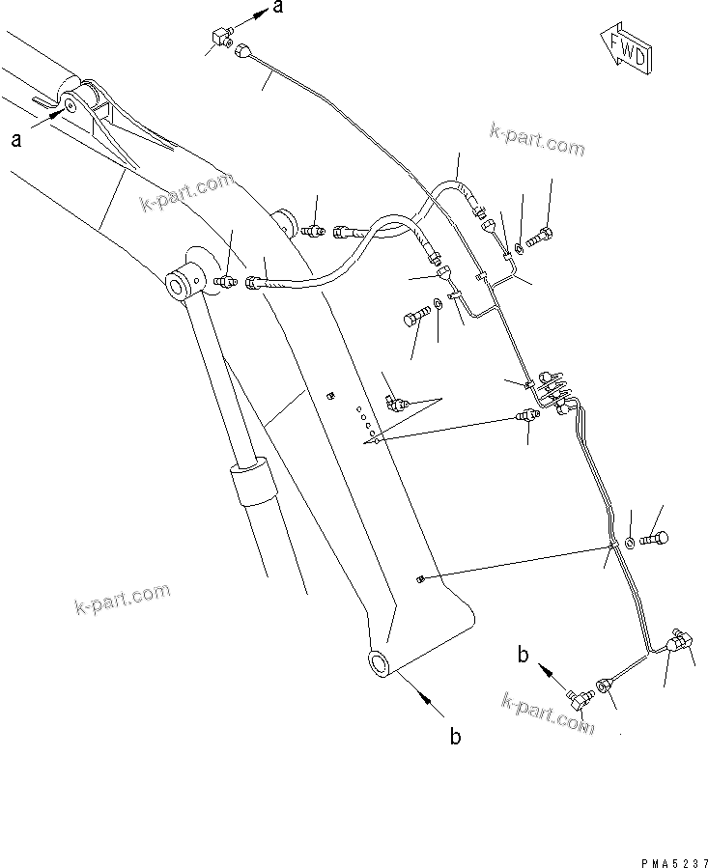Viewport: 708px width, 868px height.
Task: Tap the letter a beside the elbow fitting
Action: (x=278, y=9)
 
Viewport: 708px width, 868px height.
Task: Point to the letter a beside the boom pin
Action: (x=16, y=141)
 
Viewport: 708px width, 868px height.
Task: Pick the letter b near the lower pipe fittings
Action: (x=523, y=656)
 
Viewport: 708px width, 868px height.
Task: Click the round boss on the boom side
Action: (x=283, y=224)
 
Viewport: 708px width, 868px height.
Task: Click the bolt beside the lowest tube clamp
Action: (x=654, y=537)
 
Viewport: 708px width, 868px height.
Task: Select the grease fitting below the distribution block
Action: (x=527, y=416)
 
